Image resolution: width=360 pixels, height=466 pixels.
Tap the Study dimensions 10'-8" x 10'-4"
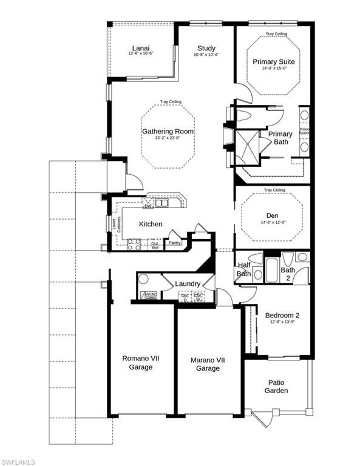pyautogui.click(x=206, y=55)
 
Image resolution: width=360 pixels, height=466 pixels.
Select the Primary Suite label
pyautogui.click(x=273, y=62)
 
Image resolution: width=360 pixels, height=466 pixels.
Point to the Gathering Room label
pyautogui.click(x=168, y=131)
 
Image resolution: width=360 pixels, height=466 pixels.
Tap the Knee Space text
pyautogui.click(x=305, y=130)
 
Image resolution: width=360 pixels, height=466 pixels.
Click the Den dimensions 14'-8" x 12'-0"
pyautogui.click(x=272, y=222)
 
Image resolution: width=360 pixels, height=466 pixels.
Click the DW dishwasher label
pyautogui.click(x=148, y=206)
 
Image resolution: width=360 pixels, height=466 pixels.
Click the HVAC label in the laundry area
pyautogui.click(x=150, y=295)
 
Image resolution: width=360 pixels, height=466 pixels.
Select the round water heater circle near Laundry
pyautogui.click(x=143, y=280)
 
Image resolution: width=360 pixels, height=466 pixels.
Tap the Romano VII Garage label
pyautogui.click(x=141, y=363)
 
